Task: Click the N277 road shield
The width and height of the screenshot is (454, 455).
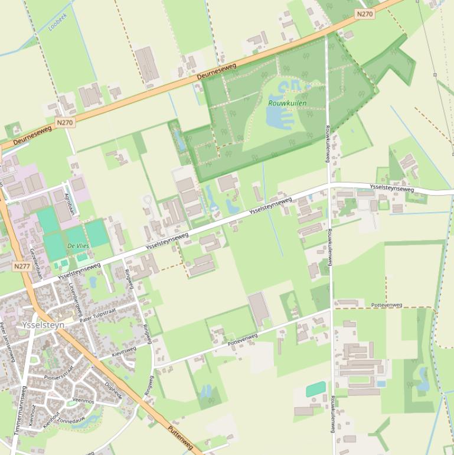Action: (21, 266)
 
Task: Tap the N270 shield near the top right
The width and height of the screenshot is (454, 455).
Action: (365, 13)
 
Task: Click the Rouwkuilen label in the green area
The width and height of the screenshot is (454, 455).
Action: (287, 103)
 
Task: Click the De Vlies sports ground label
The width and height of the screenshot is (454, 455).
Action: (78, 245)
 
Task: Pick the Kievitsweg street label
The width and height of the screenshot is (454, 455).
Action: (124, 352)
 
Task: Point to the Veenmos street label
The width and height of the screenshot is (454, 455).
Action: (83, 401)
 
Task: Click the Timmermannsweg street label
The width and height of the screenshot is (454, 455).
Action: (19, 411)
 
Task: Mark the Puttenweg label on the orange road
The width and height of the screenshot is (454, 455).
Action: (180, 438)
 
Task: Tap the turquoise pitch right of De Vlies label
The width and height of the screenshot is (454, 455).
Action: (96, 233)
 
